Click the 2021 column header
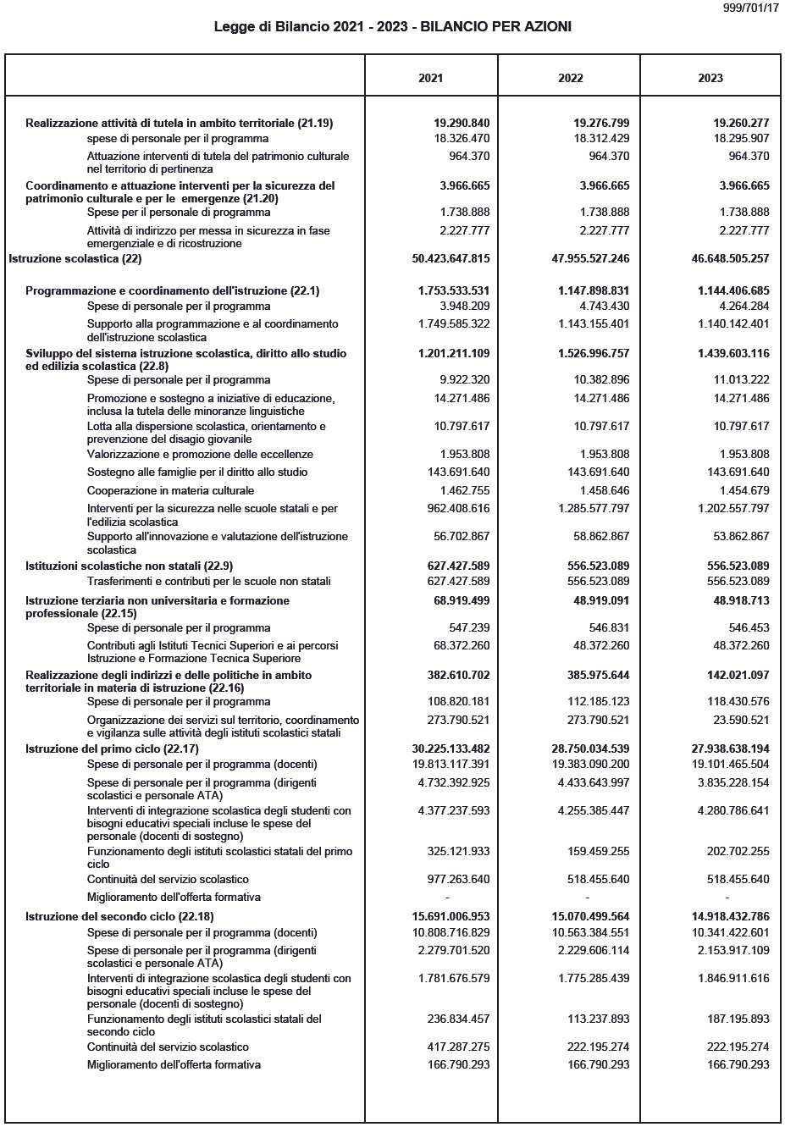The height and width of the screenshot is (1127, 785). coord(430,78)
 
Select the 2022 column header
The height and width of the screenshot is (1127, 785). coord(570,78)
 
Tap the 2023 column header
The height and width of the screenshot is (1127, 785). coord(710,78)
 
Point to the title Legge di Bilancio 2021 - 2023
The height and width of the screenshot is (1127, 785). coord(392,27)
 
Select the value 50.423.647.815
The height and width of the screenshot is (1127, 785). coord(451,258)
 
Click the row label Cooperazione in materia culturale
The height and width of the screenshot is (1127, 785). coord(170,490)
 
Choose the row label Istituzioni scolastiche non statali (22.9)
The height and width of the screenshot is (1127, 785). coord(129,566)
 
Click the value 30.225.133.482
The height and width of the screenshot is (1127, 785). coord(451,749)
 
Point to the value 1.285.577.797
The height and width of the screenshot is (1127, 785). coord(594,509)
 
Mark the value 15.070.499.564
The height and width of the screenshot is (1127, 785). coord(590,916)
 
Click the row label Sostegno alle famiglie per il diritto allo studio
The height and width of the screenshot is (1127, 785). coord(197,472)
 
